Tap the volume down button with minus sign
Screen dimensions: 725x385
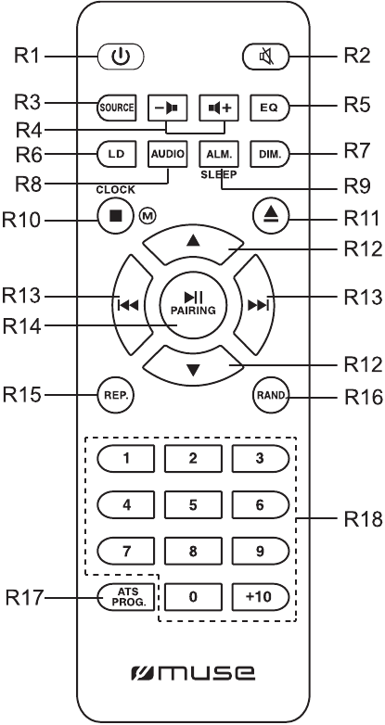coord(168,107)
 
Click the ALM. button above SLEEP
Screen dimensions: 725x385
coord(221,151)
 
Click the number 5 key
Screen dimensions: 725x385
coord(192,506)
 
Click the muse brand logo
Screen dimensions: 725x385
coord(192,669)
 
